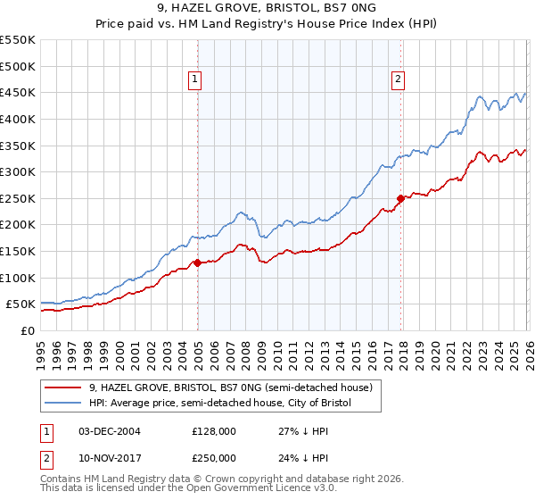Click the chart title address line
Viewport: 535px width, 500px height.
pos(267,8)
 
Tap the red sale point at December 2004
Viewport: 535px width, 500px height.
pos(197,262)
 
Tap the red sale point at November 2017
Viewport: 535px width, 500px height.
pos(400,198)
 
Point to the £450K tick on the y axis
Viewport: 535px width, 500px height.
pos(18,92)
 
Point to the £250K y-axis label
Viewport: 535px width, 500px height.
pos(18,198)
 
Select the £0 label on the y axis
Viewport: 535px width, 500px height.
pos(27,330)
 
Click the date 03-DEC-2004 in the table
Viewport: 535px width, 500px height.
pos(109,431)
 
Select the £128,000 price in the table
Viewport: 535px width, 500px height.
pos(214,431)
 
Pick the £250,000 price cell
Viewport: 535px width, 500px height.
pos(214,458)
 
